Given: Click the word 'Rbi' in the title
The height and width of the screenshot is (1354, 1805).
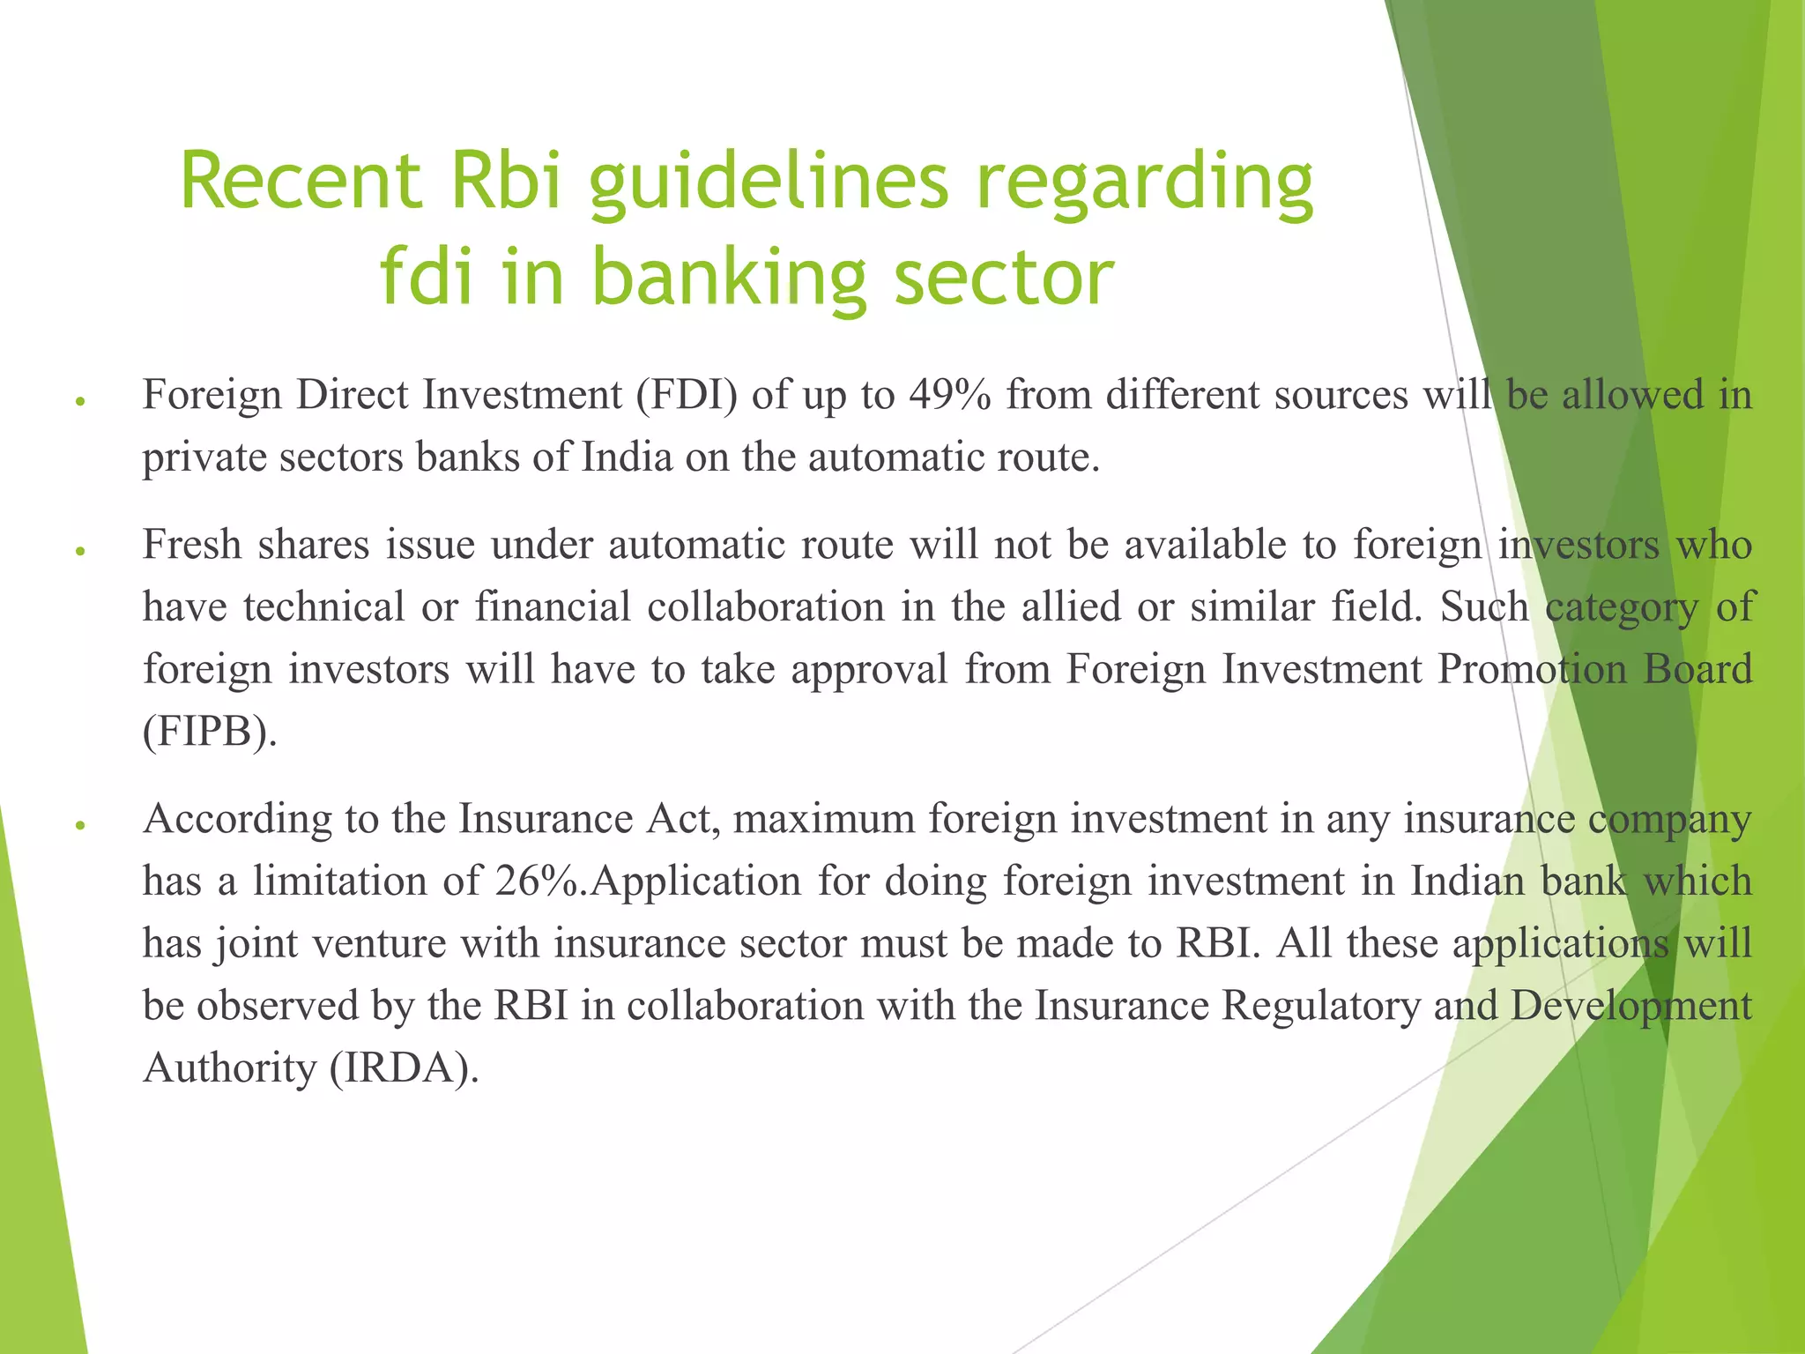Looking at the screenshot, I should point(506,181).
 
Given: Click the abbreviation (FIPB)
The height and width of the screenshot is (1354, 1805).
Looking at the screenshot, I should point(210,731).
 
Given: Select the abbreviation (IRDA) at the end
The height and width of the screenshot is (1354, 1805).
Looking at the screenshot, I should point(405,1068).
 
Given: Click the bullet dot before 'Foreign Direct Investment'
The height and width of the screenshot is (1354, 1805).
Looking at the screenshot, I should point(79,400).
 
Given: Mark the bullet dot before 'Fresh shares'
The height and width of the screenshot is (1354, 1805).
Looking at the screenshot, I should point(79,550).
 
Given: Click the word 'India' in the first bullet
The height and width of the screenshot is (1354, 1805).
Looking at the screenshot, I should point(627,457).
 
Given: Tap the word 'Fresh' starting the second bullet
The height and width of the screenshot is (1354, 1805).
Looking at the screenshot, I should point(192,544).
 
